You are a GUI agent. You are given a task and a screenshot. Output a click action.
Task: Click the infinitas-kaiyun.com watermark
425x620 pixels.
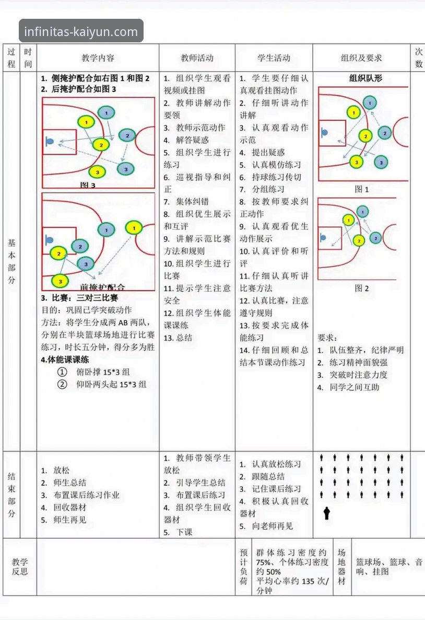pyautogui.click(x=81, y=31)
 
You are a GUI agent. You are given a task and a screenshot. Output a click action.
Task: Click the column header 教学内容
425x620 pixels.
pyautogui.click(x=98, y=58)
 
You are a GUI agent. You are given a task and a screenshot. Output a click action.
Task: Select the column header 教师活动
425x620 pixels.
pyautogui.click(x=197, y=58)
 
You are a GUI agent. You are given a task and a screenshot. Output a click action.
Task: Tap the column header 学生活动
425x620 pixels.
pyautogui.click(x=274, y=58)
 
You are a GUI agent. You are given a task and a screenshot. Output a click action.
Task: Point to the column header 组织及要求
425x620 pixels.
pyautogui.click(x=361, y=58)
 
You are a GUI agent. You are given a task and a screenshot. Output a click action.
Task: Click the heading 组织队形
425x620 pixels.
pyautogui.click(x=365, y=78)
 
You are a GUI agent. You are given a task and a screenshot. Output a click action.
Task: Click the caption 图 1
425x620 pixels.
pyautogui.click(x=362, y=189)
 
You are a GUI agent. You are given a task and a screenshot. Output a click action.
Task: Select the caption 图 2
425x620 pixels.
pyautogui.click(x=362, y=288)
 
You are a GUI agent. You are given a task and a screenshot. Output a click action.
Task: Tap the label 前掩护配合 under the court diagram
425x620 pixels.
pyautogui.click(x=103, y=287)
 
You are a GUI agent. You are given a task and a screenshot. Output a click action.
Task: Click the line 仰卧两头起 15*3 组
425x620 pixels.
pyautogui.click(x=111, y=385)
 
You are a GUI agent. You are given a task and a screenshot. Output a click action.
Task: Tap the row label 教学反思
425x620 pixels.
pyautogui.click(x=20, y=567)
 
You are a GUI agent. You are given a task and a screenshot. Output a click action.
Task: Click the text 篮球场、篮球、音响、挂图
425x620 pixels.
pyautogui.click(x=389, y=567)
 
